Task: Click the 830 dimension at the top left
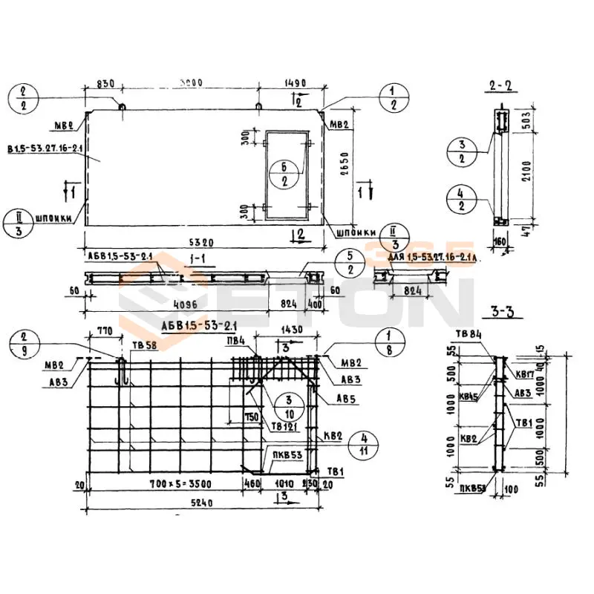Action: tap(105, 85)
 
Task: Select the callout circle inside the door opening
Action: tap(284, 172)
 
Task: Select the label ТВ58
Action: tap(143, 345)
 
